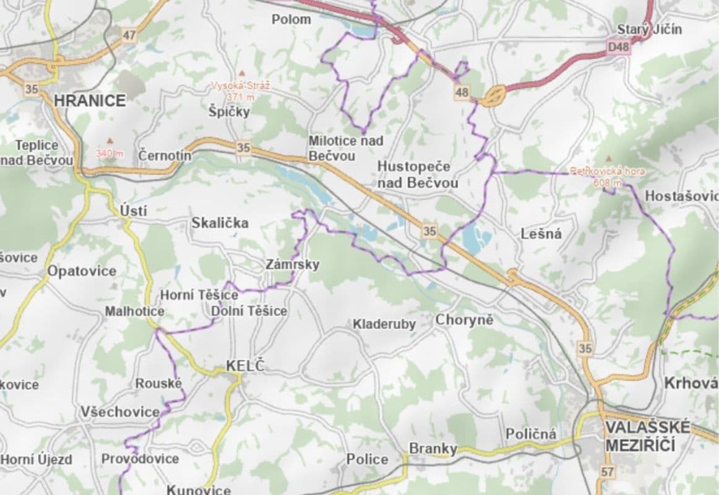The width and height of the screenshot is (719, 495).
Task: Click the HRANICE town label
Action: tap(90, 100)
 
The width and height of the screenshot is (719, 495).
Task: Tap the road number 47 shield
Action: tap(129, 35)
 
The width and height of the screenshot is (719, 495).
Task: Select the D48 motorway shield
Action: tap(618, 47)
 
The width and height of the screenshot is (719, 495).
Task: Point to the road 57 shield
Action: tap(608, 472)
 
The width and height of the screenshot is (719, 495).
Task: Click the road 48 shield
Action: tap(462, 93)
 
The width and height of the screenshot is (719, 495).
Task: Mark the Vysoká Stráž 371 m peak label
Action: tap(241, 91)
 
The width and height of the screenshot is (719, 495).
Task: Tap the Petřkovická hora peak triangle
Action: tap(609, 159)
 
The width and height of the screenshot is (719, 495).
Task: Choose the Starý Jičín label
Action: tap(650, 29)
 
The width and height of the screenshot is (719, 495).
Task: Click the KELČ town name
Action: tap(245, 366)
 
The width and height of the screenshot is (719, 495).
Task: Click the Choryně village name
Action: tap(464, 320)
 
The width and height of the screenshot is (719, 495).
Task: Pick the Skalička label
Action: tap(220, 223)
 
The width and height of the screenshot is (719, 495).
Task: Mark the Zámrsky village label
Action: tap(293, 265)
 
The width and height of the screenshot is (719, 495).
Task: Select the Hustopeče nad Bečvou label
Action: tap(418, 174)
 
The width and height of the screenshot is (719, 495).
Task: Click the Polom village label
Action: tap(291, 19)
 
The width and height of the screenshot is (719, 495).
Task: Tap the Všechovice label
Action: tap(120, 411)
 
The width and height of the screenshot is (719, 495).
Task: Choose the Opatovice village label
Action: tap(82, 271)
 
